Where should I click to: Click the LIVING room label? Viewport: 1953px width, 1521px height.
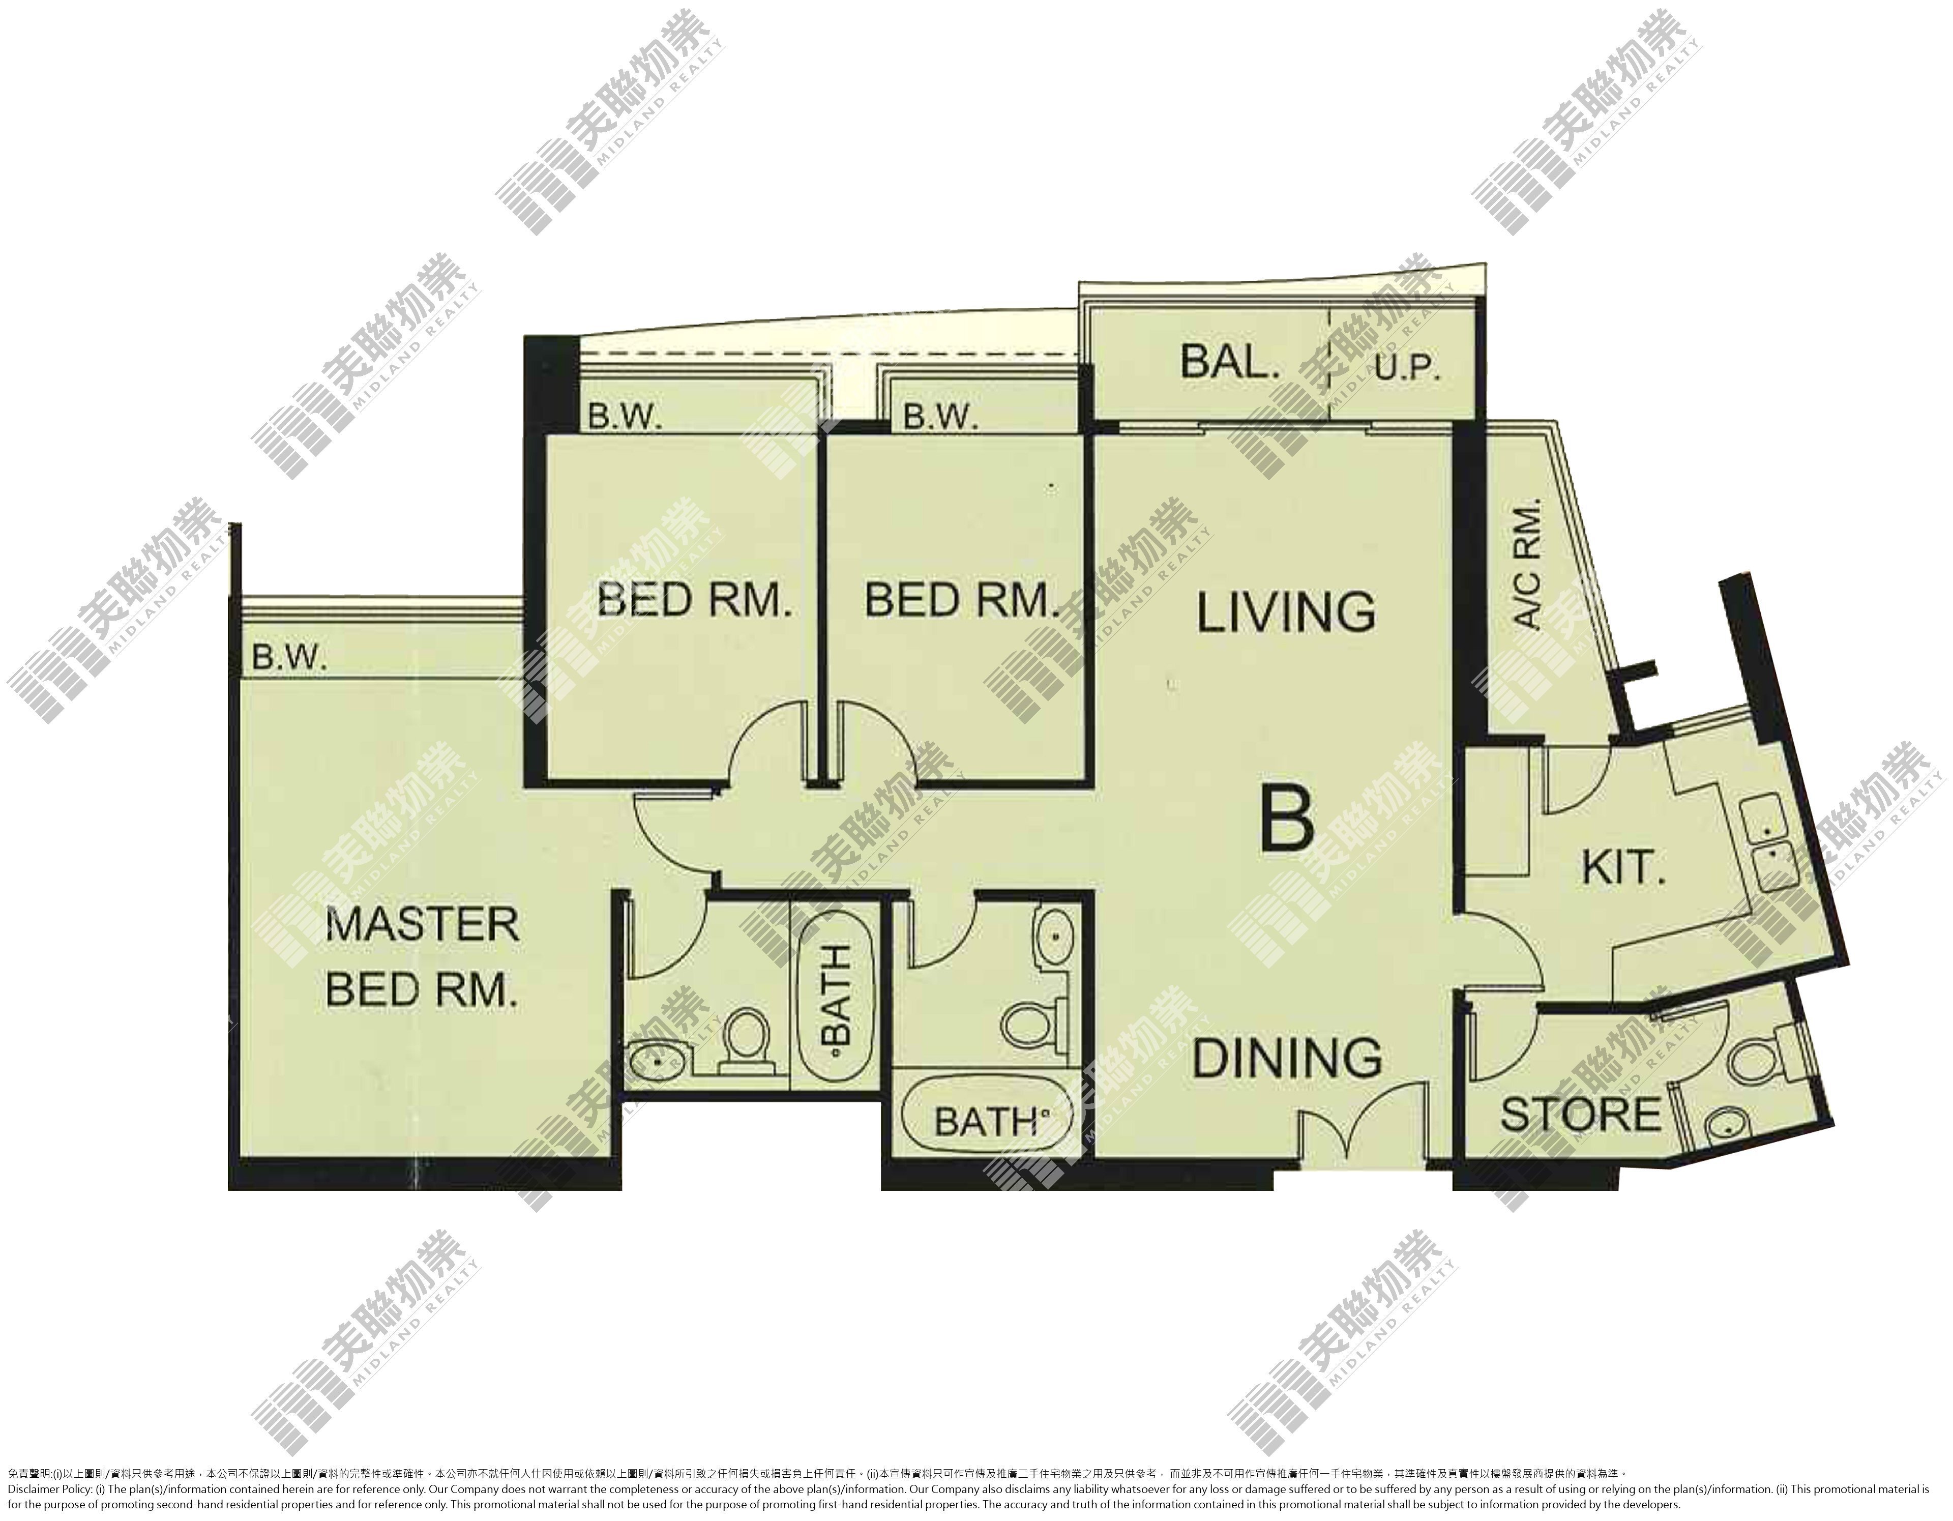click(1286, 612)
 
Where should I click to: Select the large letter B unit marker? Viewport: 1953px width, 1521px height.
click(1287, 817)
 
